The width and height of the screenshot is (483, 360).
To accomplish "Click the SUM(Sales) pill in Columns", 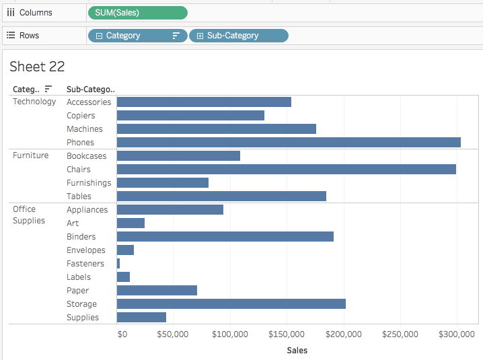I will [x=137, y=13].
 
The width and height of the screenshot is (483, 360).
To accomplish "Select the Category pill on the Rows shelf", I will [x=137, y=36].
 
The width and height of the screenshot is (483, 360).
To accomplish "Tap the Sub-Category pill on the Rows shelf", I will [x=239, y=36].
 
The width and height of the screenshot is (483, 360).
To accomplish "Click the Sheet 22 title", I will [x=37, y=66].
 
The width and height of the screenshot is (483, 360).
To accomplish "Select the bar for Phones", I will [x=289, y=142].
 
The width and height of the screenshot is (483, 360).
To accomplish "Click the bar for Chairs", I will [x=286, y=169].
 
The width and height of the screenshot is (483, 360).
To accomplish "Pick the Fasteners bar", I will [x=118, y=264].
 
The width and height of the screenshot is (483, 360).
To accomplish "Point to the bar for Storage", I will [x=231, y=304].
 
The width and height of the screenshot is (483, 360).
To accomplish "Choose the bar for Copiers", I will [x=190, y=115].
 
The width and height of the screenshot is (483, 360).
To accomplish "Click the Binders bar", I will [x=225, y=236].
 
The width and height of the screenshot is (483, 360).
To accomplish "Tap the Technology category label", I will [x=34, y=102].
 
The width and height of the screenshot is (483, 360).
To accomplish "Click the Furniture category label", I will [x=30, y=155].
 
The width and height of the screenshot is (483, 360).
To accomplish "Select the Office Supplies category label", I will [x=29, y=215].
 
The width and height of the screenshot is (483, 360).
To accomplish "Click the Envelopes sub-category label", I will [x=85, y=250].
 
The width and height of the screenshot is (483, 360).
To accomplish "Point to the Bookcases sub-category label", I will [x=86, y=156].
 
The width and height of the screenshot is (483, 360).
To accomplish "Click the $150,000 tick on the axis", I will [x=287, y=334].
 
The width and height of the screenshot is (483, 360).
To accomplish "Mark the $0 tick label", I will [x=122, y=334].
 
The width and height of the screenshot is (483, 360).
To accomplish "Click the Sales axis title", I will [x=297, y=350].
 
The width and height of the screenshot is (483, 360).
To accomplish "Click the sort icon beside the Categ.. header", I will [x=48, y=89].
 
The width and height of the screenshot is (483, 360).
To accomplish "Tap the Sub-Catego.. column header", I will [x=91, y=89].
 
